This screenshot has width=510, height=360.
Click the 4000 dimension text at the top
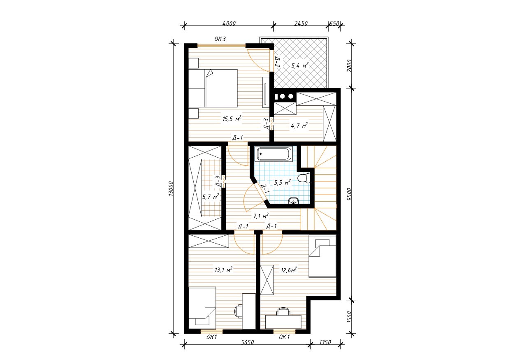[x=229, y=23]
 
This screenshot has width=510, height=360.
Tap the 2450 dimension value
[x=301, y=23]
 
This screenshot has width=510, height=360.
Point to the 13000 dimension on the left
[x=172, y=188]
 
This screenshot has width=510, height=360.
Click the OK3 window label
[x=220, y=39]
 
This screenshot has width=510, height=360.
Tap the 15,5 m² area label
[x=232, y=118]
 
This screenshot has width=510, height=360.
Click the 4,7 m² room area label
[x=299, y=125]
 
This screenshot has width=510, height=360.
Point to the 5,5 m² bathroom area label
[x=282, y=182]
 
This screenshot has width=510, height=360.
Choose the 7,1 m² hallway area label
[x=261, y=216]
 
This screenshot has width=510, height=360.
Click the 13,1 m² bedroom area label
[x=223, y=270]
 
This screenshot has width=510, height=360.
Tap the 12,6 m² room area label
[x=289, y=270]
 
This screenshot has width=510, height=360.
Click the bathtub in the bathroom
[x=274, y=154]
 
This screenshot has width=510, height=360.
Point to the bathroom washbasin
[x=294, y=201]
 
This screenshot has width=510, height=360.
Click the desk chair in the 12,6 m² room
[x=283, y=311]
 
